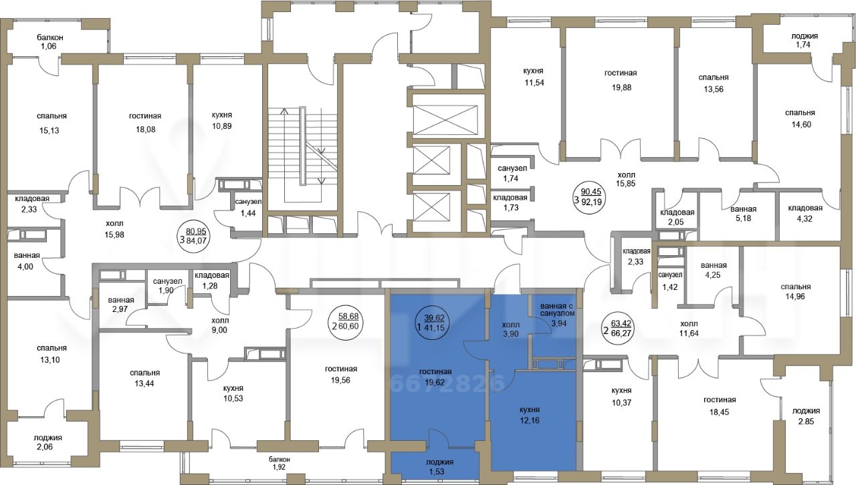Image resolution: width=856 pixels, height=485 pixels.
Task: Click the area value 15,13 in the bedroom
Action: [49, 131]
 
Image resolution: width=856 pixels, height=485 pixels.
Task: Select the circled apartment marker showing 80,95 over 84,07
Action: [195, 236]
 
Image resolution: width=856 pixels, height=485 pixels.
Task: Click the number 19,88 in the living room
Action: [621, 88]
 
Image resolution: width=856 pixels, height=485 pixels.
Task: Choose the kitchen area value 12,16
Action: [530, 421]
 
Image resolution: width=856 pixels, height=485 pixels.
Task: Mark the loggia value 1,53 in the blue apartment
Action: [437, 472]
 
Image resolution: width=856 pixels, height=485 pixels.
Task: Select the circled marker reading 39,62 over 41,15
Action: [433, 322]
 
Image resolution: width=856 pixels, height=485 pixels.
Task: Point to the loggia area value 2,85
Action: [806, 422]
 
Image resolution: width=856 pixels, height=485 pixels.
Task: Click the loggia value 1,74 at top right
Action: [801, 55]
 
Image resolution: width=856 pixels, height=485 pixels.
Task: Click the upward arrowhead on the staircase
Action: [284, 111]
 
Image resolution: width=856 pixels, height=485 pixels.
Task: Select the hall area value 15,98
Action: [115, 235]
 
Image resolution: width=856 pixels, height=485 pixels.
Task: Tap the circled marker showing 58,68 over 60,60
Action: [347, 321]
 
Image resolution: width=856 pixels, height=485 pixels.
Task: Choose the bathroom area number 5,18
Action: [743, 219]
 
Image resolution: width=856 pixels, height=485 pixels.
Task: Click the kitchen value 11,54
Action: [534, 82]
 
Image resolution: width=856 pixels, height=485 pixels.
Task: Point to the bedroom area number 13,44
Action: [144, 384]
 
